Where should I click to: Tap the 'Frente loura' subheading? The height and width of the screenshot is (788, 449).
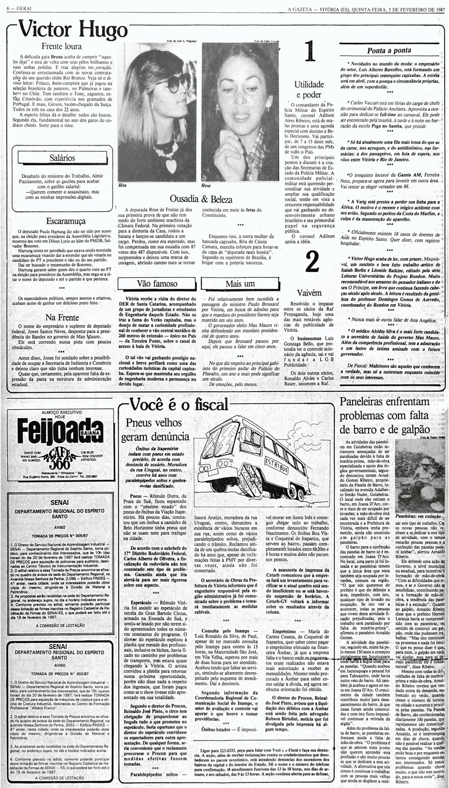[62, 46]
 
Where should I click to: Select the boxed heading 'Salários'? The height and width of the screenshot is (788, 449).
[62, 158]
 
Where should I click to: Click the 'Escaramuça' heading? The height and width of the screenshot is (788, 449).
[66, 221]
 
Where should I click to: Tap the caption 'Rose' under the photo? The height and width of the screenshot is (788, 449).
[206, 186]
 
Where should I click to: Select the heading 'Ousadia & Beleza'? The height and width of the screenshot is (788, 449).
[201, 199]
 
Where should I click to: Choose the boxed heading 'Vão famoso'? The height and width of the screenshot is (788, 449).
[157, 283]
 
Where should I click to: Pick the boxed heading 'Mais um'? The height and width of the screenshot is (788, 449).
[240, 283]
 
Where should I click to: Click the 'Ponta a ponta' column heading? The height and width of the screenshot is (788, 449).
[389, 50]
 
